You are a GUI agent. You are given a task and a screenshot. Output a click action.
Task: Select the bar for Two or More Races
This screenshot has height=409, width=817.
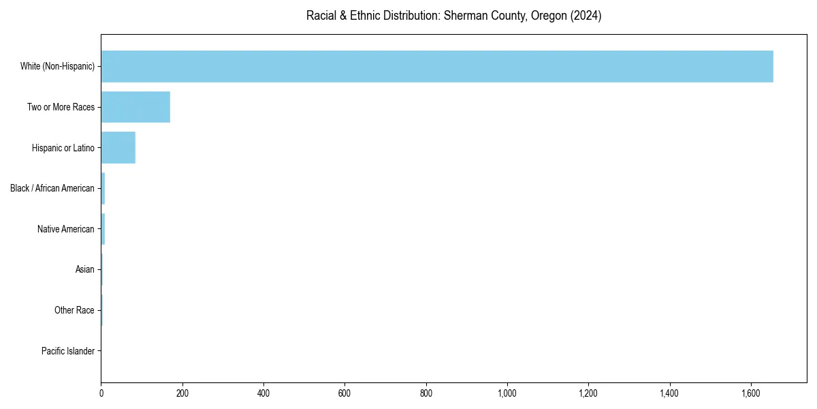coord(135,107)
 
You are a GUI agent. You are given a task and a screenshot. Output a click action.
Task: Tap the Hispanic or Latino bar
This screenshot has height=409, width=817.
coord(118,147)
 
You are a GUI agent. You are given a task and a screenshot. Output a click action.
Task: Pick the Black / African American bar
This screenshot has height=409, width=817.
coord(103,188)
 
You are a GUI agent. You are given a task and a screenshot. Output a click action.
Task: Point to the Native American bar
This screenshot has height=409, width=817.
coord(103,229)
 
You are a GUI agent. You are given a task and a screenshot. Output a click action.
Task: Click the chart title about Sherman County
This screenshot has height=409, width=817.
coord(453,16)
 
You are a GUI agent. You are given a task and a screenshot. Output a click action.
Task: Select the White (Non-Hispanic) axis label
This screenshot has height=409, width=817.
coord(57,66)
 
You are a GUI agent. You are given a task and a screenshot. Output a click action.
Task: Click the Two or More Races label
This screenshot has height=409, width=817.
coord(61,107)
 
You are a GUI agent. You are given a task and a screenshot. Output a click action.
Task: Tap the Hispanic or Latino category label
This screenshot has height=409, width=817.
coord(63,148)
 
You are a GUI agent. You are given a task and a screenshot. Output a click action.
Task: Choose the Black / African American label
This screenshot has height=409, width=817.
coord(52,188)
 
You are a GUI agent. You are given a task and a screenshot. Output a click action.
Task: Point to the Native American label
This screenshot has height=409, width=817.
coord(66,229)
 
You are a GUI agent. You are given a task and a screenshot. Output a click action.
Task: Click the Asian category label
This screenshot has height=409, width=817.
coord(85,270)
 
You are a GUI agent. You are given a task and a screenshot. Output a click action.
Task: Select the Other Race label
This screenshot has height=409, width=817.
coord(74,310)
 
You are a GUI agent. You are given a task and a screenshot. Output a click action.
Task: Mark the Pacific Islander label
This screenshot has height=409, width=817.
coord(68,351)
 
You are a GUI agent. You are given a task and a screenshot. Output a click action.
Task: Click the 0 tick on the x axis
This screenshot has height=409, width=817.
coord(101,393)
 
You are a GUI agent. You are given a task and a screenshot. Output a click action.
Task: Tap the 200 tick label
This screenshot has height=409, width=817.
coord(182,393)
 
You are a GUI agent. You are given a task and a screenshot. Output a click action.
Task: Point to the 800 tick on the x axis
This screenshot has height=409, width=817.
coord(426,393)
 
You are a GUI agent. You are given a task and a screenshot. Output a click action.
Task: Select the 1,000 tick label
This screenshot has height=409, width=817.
coord(507,393)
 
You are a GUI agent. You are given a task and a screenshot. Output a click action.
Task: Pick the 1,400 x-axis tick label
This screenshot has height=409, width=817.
coord(670,393)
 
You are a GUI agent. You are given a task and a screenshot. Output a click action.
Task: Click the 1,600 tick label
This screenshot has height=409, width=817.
coord(751,393)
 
